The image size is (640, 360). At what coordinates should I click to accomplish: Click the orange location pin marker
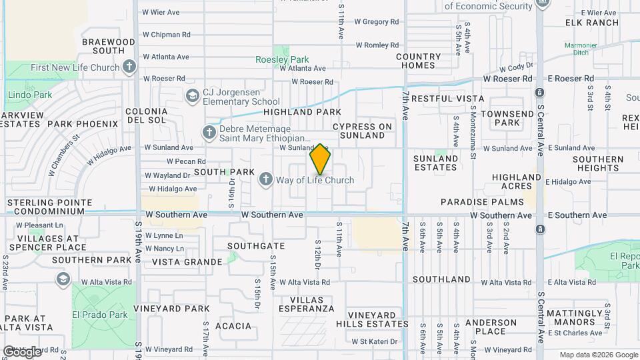point(320,159)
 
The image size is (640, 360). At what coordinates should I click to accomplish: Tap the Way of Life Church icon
point(266,179)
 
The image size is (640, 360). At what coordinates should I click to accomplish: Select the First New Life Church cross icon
point(129,67)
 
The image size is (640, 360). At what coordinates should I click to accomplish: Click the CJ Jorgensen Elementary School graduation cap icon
point(193,96)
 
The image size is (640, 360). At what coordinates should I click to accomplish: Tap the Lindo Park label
point(30,95)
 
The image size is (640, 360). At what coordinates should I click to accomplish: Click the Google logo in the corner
point(21,351)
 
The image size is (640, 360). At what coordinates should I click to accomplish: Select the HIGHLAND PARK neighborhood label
point(302,112)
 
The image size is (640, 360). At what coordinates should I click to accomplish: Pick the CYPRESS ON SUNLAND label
point(363,131)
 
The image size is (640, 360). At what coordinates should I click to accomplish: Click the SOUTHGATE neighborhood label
point(251,246)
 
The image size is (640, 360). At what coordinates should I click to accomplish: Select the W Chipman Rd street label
point(167,35)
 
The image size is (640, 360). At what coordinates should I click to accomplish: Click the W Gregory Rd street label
point(377,22)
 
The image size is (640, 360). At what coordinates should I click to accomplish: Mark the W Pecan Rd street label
point(185,161)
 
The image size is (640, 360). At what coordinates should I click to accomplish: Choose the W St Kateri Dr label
point(374,342)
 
